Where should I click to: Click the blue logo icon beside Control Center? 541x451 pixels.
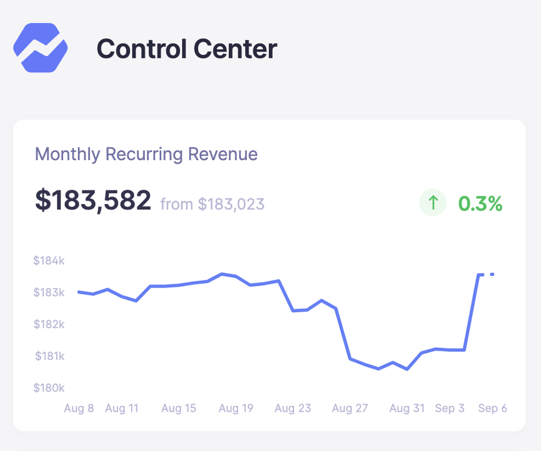coord(40,48)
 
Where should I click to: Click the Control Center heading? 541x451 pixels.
coord(187,49)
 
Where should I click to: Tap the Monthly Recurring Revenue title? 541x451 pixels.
coord(146,154)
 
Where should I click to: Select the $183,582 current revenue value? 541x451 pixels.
coord(93,200)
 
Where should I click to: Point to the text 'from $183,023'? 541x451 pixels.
coord(212,204)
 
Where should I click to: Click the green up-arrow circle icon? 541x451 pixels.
coord(433,203)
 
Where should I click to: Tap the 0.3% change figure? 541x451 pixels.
coord(480,204)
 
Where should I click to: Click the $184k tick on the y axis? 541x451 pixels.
coord(49,261)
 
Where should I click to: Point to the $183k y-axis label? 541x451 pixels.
coord(49,293)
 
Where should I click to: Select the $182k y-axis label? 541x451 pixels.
coord(49,324)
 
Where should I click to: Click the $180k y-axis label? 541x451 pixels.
coord(49,387)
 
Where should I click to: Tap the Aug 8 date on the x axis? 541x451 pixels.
coord(79,408)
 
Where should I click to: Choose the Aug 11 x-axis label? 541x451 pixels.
coord(122,408)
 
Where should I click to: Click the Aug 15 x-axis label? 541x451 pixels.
coord(179,408)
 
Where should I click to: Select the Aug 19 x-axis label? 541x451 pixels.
coord(236,408)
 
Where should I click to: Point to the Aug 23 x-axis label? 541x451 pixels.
coord(293,408)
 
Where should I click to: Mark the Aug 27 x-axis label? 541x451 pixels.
coord(350,408)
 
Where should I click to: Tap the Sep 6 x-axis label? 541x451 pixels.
coord(492,408)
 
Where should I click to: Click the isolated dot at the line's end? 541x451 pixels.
coord(492,274)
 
